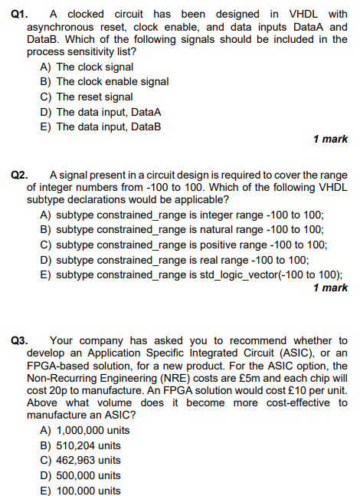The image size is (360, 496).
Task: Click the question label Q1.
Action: [x=21, y=14]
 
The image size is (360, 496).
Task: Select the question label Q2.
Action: [x=21, y=176]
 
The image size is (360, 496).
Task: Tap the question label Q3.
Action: [x=21, y=340]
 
